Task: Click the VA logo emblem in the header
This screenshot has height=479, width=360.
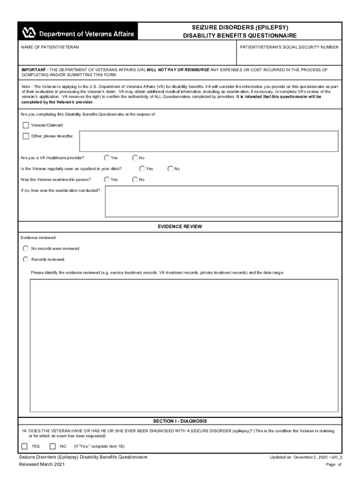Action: pyautogui.click(x=29, y=33)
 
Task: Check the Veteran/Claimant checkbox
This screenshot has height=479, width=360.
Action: pyautogui.click(x=26, y=125)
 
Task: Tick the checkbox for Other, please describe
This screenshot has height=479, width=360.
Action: pyautogui.click(x=26, y=136)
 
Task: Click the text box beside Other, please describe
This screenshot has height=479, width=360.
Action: pyautogui.click(x=209, y=141)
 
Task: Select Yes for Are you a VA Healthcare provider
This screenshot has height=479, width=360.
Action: pyautogui.click(x=107, y=158)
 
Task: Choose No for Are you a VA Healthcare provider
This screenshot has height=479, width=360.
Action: pyautogui.click(x=135, y=158)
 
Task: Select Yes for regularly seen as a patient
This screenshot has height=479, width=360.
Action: pyautogui.click(x=142, y=168)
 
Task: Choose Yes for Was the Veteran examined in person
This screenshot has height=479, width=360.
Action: pyautogui.click(x=107, y=179)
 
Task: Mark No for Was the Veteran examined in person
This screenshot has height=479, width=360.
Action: pyautogui.click(x=135, y=179)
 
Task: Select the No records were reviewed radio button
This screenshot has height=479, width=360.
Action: pyautogui.click(x=26, y=248)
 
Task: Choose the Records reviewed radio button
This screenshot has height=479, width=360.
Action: pyautogui.click(x=26, y=259)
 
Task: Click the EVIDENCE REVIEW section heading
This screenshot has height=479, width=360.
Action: pyautogui.click(x=180, y=226)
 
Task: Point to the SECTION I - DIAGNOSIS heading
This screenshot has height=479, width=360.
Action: pyautogui.click(x=180, y=421)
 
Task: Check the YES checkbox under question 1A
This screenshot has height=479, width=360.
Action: pyautogui.click(x=25, y=446)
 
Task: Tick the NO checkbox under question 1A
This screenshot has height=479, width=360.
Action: pyautogui.click(x=53, y=446)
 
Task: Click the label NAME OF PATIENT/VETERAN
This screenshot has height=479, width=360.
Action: pyautogui.click(x=50, y=48)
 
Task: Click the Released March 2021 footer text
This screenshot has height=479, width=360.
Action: pyautogui.click(x=42, y=464)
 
